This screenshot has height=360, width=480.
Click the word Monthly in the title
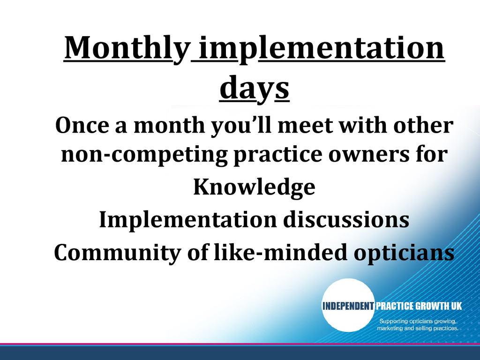(127, 49)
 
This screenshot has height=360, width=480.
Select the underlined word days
(255, 88)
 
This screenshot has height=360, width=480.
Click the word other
(423, 125)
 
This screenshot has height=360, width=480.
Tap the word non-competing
(144, 155)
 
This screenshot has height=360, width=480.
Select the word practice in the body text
(277, 155)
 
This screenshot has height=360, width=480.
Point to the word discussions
(346, 219)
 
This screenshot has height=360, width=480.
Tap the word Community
(118, 253)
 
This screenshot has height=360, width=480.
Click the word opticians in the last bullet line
(404, 253)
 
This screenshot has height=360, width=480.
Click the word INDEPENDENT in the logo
(348, 306)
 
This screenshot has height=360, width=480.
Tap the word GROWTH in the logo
(430, 306)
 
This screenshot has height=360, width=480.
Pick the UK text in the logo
(456, 306)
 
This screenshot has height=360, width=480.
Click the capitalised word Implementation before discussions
(188, 220)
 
